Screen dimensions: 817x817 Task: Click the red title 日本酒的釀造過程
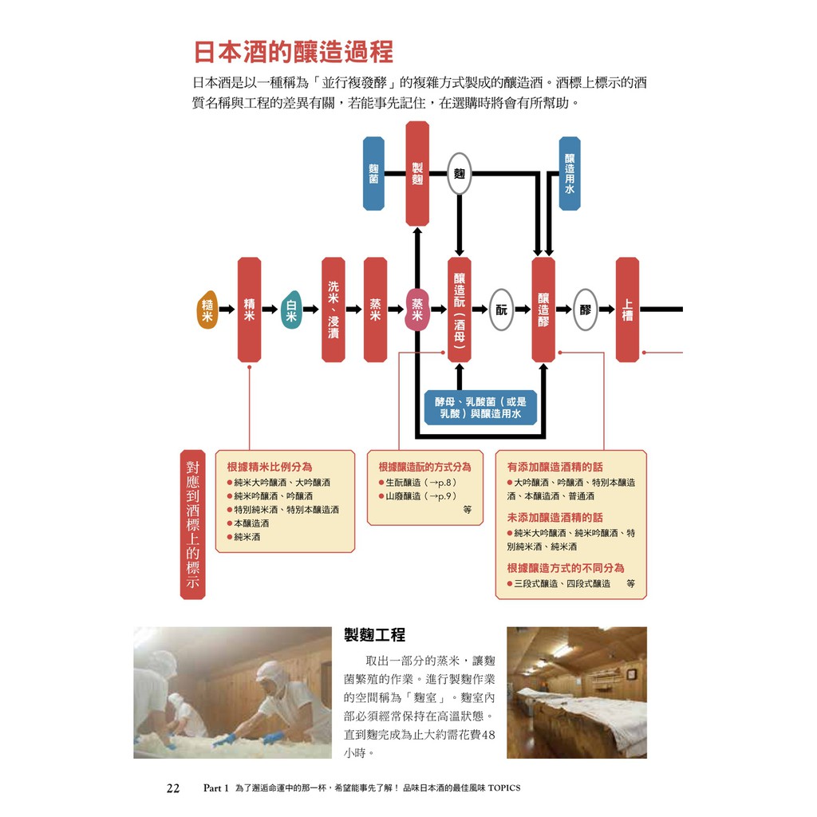tap(294, 53)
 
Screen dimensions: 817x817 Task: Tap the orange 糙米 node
tap(207, 310)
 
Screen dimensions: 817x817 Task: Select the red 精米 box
tap(249, 310)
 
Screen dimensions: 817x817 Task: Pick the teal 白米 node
tap(291, 310)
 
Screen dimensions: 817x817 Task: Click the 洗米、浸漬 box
tap(334, 310)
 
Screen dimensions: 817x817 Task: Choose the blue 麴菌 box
tap(373, 173)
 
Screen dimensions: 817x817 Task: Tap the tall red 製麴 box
tap(417, 173)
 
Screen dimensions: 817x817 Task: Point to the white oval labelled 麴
tap(459, 173)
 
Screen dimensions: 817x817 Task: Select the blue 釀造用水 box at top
tap(570, 173)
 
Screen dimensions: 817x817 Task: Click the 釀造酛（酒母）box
tap(460, 310)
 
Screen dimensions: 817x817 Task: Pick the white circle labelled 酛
tap(501, 310)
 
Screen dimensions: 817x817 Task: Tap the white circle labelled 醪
tap(586, 310)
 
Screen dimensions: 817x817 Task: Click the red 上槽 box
tap(627, 310)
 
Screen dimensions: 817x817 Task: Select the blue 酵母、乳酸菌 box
tap(480, 407)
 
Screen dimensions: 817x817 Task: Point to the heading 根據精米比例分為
tap(270, 467)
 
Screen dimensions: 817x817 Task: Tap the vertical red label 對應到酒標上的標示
tap(192, 524)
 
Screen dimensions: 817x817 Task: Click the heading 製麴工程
tap(374, 635)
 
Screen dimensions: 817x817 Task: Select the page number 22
tap(172, 788)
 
